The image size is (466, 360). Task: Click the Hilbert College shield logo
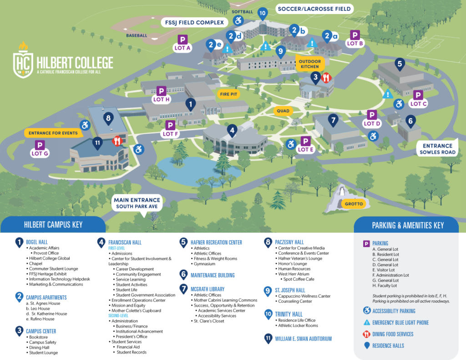(x=22, y=60)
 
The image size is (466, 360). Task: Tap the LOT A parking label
(x=182, y=47)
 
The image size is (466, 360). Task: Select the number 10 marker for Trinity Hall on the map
(x=262, y=13)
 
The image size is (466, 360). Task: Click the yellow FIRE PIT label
(x=229, y=94)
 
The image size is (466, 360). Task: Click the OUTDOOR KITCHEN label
(x=310, y=64)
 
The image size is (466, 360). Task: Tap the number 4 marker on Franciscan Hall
(x=232, y=131)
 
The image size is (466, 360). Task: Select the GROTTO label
(x=354, y=203)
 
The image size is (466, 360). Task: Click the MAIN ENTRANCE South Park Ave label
(x=137, y=203)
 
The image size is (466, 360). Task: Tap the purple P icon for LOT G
(x=40, y=145)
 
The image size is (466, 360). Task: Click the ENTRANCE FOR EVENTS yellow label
(x=53, y=133)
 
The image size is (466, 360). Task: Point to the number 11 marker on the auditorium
(x=96, y=142)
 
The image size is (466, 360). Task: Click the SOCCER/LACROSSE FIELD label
(x=314, y=9)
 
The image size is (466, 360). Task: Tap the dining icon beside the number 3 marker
(x=326, y=78)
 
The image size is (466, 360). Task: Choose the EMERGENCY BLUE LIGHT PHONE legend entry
(x=400, y=322)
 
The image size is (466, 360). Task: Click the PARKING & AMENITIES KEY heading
(x=407, y=225)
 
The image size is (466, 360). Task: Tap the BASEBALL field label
(x=137, y=35)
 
